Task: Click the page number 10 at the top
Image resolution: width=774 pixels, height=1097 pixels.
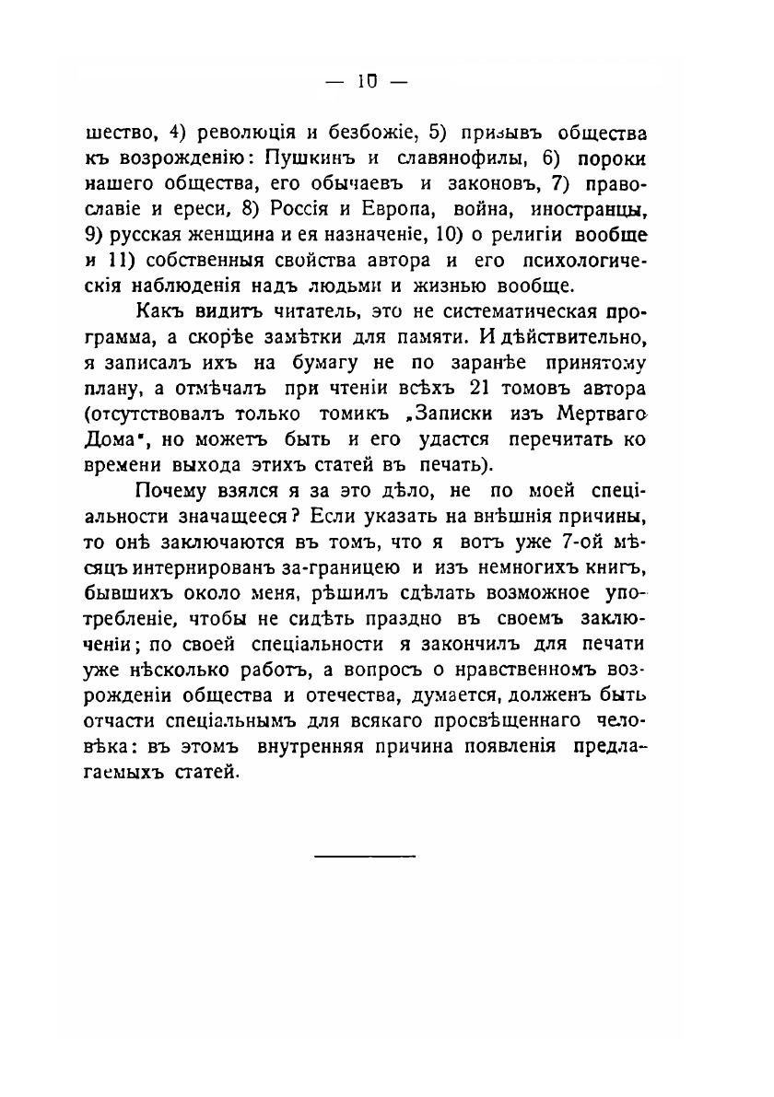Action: click(364, 81)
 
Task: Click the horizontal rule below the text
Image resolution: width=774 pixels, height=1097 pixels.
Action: click(365, 858)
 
